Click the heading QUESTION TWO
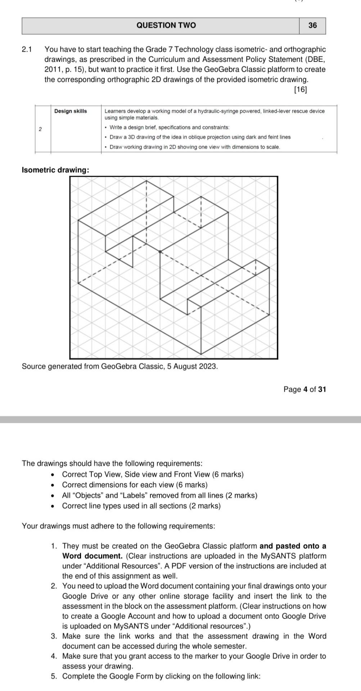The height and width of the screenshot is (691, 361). point(166,25)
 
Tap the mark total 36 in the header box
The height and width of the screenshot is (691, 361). point(312,25)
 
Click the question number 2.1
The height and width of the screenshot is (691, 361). point(27,49)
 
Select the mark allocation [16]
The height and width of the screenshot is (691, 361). point(300,90)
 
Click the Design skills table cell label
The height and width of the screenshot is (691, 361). point(71,111)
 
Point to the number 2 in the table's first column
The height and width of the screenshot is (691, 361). point(40,129)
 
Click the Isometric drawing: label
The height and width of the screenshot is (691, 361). point(55,170)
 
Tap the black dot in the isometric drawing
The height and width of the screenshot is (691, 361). point(160,252)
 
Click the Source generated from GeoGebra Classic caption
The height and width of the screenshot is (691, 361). point(120,366)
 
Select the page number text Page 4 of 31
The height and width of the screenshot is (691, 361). point(304,389)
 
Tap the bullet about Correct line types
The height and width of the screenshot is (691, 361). point(141,506)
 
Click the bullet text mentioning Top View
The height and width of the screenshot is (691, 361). point(153,474)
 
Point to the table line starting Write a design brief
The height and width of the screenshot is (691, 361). point(169,127)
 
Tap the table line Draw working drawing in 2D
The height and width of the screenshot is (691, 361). point(195,147)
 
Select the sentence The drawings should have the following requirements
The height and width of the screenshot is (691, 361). point(112,463)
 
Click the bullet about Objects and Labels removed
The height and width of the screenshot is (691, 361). point(159,495)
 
